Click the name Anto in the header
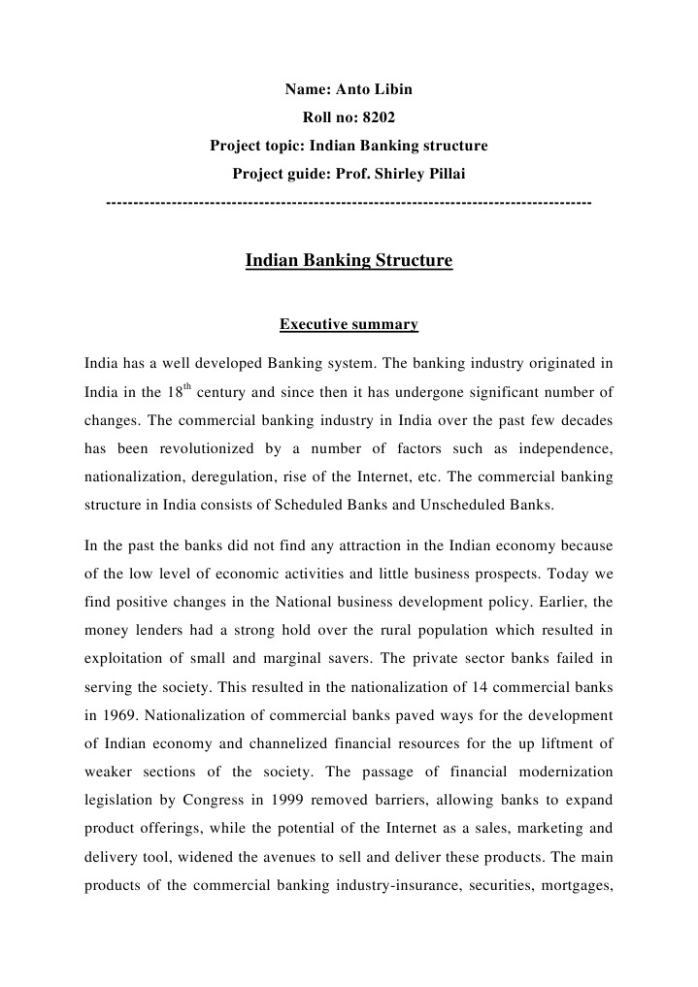pyautogui.click(x=350, y=90)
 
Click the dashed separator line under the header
pyautogui.click(x=349, y=203)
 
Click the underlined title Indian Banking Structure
pyautogui.click(x=349, y=261)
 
